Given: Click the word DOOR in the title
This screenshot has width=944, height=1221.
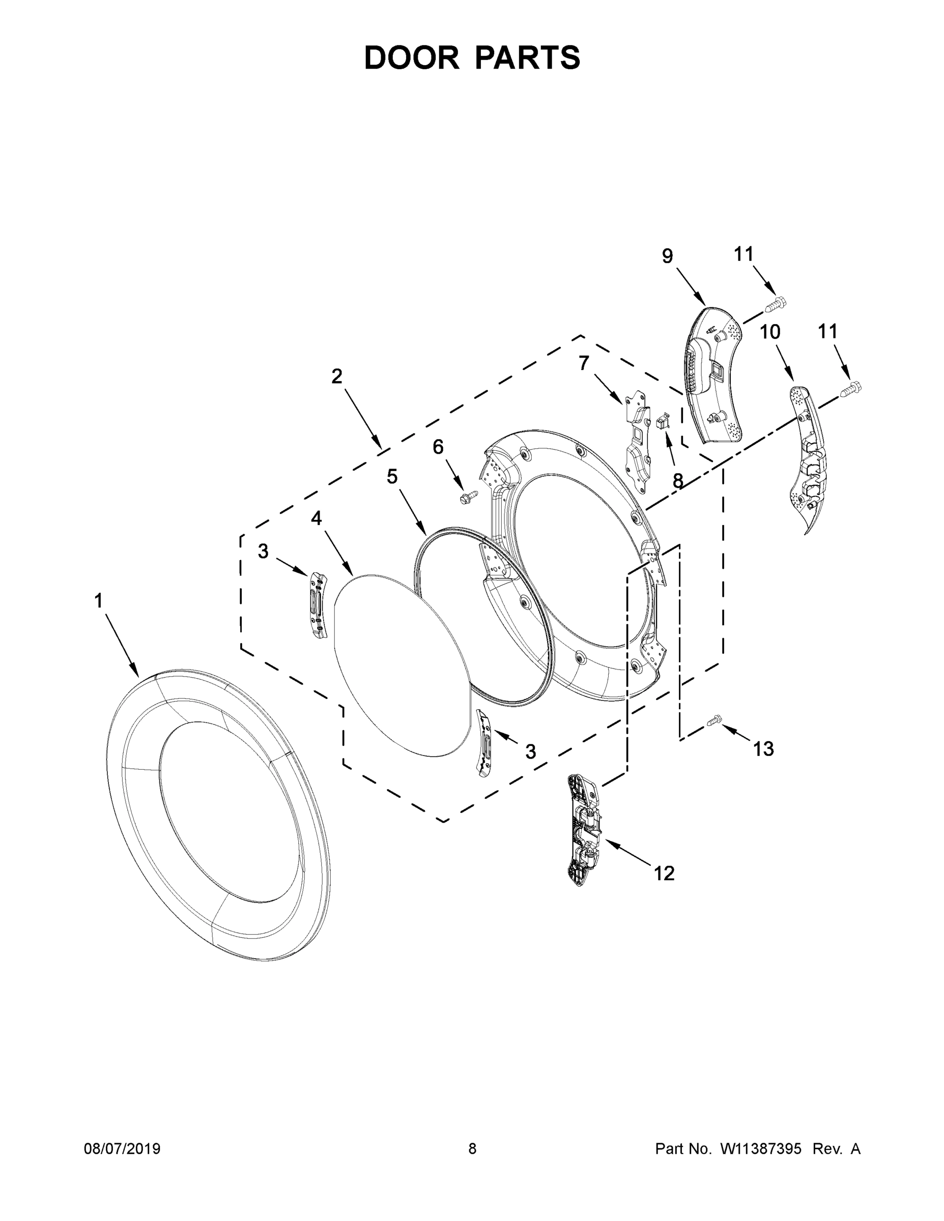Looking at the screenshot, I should tap(412, 58).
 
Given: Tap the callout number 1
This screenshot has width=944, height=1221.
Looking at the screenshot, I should tap(98, 601).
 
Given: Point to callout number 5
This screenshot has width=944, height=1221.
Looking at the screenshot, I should tap(392, 477).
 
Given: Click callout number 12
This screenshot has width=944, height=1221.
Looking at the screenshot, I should tap(665, 873).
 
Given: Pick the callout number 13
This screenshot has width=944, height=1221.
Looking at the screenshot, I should tap(763, 748).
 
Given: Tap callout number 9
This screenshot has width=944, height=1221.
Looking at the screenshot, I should tap(667, 256).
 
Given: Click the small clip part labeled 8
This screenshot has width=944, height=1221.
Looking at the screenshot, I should tap(663, 419).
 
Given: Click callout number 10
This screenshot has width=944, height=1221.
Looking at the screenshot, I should tap(769, 332).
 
